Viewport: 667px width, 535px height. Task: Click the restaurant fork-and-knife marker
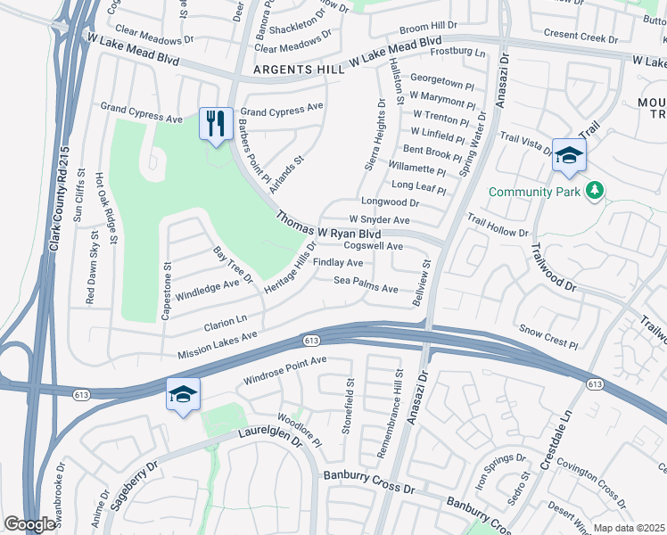[215, 124]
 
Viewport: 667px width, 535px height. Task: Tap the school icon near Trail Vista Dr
[569, 155]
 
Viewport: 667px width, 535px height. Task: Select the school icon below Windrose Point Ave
[183, 395]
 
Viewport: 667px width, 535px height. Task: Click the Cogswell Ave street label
[374, 246]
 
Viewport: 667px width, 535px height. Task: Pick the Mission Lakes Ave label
[217, 343]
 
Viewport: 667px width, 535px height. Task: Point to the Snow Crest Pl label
[549, 337]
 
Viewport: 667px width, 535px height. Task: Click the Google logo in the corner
[30, 523]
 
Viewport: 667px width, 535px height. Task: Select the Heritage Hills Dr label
[290, 265]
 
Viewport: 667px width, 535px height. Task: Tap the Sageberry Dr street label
[133, 484]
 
